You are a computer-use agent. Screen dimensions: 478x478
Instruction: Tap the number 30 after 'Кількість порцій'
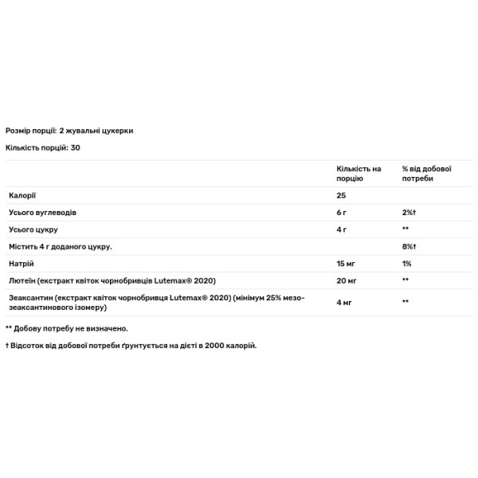[75, 147]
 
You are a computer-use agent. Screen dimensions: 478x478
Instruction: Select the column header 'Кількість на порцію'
[358, 174]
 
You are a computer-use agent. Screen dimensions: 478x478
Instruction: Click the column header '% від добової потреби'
[427, 174]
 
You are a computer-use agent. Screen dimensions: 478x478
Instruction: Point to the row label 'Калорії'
[22, 195]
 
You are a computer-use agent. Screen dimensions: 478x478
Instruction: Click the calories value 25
[342, 195]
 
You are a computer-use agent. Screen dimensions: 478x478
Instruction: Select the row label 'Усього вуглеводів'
[42, 213]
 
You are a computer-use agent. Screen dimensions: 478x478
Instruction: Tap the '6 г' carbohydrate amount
[341, 213]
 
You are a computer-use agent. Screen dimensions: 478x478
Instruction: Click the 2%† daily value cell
[410, 213]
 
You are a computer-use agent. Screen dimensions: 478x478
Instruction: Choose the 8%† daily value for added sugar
[410, 247]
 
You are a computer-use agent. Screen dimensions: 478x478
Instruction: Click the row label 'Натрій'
[21, 264]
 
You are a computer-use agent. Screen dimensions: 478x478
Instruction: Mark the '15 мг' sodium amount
[345, 264]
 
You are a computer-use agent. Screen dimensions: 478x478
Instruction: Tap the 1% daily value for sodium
[406, 264]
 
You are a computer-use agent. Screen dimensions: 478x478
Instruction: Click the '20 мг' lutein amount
[346, 280]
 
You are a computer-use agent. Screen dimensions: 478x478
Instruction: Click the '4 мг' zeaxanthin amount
[343, 302]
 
